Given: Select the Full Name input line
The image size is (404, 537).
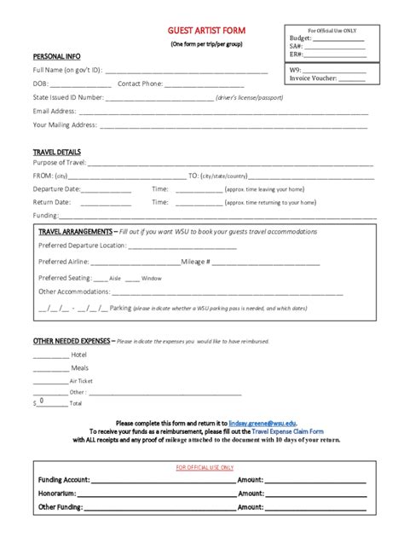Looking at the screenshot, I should pos(187,70).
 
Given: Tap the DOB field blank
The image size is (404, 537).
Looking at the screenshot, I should pos(81,84).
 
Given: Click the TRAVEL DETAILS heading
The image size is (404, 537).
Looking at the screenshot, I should pos(56,151).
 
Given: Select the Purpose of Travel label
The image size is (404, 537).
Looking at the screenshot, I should pos(59,162).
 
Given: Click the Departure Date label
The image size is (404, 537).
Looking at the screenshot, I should pos(56,188).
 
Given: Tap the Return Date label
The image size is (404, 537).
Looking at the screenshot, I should pos(52,202).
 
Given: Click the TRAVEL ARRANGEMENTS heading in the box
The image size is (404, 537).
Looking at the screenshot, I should pos(75,232).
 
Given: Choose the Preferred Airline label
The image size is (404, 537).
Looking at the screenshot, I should pos(64,262).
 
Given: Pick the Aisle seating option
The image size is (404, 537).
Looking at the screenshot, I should pos(115,278).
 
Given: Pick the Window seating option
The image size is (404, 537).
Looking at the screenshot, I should pos(151,278).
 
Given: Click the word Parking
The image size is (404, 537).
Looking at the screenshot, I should pos(120,308).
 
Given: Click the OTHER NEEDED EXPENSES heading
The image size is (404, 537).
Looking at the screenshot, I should pos(72,341).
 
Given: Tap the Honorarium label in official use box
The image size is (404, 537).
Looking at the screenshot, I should pos(57,493).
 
